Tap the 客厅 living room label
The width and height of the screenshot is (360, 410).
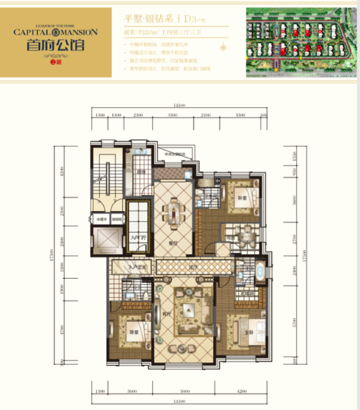tap(166, 314)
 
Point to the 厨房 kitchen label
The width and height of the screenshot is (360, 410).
tap(141, 172)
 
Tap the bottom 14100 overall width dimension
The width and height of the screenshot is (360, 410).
tap(180, 402)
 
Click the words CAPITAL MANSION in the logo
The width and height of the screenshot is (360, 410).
tap(56, 31)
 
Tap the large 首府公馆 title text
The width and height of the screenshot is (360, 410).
tap(56, 46)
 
